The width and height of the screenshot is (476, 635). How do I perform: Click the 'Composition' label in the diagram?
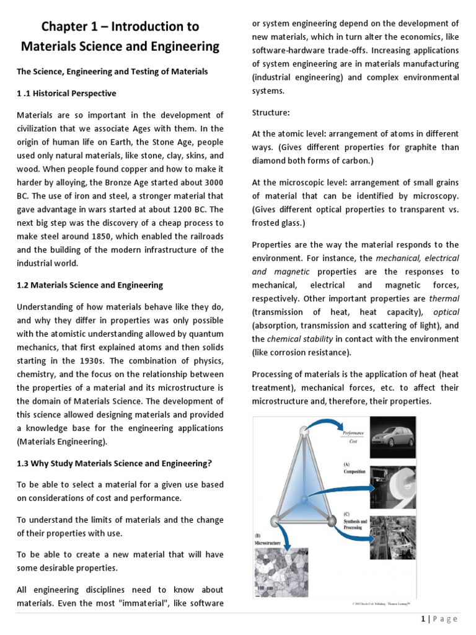point(355,471)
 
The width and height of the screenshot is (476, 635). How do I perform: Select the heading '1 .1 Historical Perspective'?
point(66,93)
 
